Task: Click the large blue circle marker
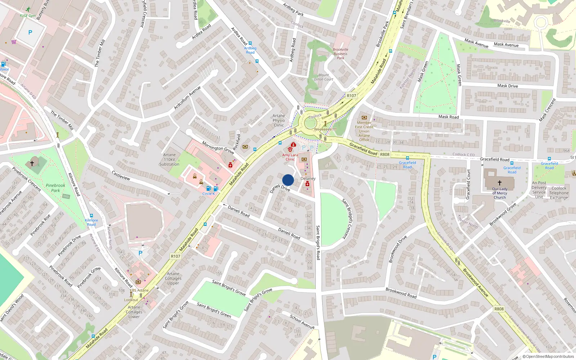[288, 180]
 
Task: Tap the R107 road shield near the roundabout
[351, 96]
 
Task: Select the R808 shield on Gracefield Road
[384, 154]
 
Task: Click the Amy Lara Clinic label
[290, 157]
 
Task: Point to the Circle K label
[208, 194]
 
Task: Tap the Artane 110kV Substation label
[169, 159]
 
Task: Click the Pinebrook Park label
[55, 188]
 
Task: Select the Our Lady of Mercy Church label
[500, 193]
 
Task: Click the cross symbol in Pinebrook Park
[32, 163]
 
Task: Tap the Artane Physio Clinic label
[279, 121]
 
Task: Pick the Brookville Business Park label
[340, 54]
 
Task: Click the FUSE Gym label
[28, 15]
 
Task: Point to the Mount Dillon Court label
[323, 77]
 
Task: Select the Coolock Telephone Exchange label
[559, 193]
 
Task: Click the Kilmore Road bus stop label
[91, 222]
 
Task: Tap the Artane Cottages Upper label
[173, 278]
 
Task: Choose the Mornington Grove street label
[217, 147]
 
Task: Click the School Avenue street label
[302, 321]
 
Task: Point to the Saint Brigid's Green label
[214, 310]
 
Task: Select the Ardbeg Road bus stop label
[250, 50]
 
